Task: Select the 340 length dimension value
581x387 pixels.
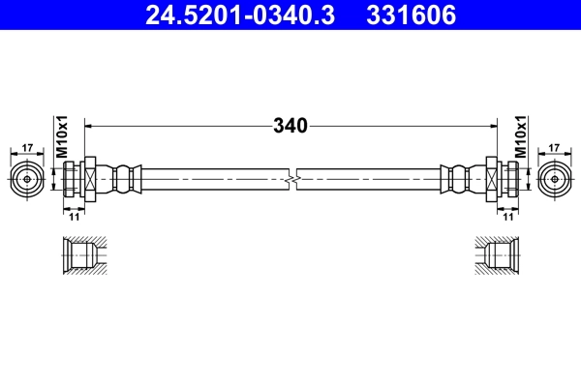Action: pyautogui.click(x=290, y=126)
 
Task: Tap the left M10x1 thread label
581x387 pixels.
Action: pyautogui.click(x=60, y=137)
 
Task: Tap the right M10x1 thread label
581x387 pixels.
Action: pyautogui.click(x=520, y=137)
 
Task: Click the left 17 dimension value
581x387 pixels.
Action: pyautogui.click(x=27, y=147)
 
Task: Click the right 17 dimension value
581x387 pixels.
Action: pyautogui.click(x=554, y=147)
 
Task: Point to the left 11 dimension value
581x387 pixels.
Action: pyautogui.click(x=74, y=218)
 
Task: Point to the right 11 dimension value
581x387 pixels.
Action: pyautogui.click(x=506, y=218)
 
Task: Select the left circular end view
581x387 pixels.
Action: pyautogui.click(x=27, y=179)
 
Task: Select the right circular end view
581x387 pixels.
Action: pyautogui.click(x=554, y=179)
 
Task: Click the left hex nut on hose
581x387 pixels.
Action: pyautogui.click(x=89, y=179)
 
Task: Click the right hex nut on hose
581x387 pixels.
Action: pyautogui.click(x=492, y=179)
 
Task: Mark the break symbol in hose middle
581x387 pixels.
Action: pyautogui.click(x=290, y=179)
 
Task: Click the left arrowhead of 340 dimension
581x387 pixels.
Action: pyautogui.click(x=90, y=126)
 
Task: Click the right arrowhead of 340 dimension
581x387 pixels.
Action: pyautogui.click(x=491, y=126)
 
